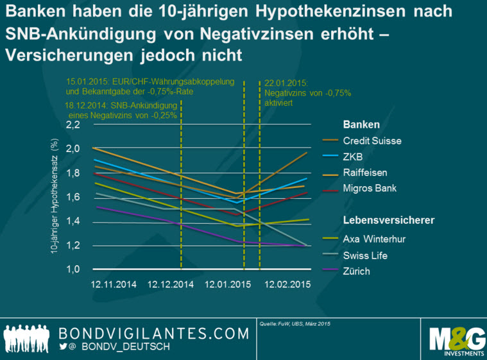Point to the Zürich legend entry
tap(358, 271)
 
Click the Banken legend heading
tap(361, 124)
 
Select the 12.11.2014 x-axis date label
tap(114, 284)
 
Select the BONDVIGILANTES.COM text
tap(153, 333)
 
